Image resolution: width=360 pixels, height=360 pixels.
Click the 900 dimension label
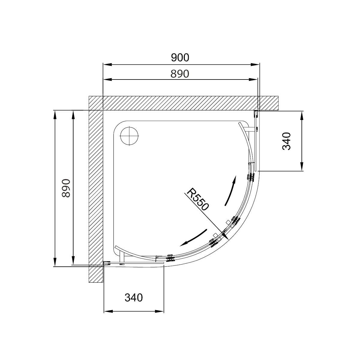[x=180, y=58]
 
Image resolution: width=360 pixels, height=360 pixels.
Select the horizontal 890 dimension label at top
[x=180, y=74]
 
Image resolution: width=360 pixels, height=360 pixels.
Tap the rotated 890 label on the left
[x=66, y=188]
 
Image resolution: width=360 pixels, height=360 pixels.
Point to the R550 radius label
[x=197, y=199]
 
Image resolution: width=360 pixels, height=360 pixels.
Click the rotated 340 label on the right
[x=286, y=141]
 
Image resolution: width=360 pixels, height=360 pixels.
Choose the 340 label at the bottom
[x=133, y=297]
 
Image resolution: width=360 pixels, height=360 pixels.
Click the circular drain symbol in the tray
[x=129, y=136]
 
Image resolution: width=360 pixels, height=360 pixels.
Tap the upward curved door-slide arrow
[x=231, y=190]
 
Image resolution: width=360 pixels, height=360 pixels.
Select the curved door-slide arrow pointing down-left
[x=194, y=238]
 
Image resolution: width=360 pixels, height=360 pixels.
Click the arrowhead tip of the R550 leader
[x=228, y=239]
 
